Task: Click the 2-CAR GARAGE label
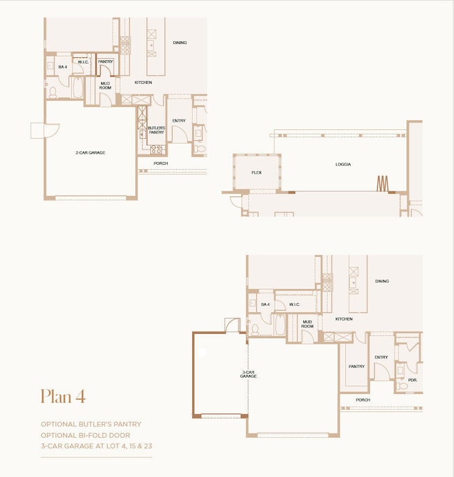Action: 91,152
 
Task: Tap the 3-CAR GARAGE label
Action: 249,374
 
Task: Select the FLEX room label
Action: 256,173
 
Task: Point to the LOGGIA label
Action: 343,165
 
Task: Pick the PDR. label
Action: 413,381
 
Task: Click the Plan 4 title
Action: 63,396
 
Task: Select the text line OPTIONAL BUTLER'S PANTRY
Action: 91,424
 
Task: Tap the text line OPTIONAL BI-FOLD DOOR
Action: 85,435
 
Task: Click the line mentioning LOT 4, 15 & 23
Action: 95,446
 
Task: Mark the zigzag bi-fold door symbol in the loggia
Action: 382,183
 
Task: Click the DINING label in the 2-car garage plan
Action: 180,43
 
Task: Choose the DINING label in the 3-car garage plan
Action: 381,281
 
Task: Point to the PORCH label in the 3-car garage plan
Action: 363,400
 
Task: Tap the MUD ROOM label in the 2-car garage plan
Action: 105,85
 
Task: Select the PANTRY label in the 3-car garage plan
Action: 356,366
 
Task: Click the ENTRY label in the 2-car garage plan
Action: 179,121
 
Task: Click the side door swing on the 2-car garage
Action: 38,130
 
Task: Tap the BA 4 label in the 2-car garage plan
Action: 62,67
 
